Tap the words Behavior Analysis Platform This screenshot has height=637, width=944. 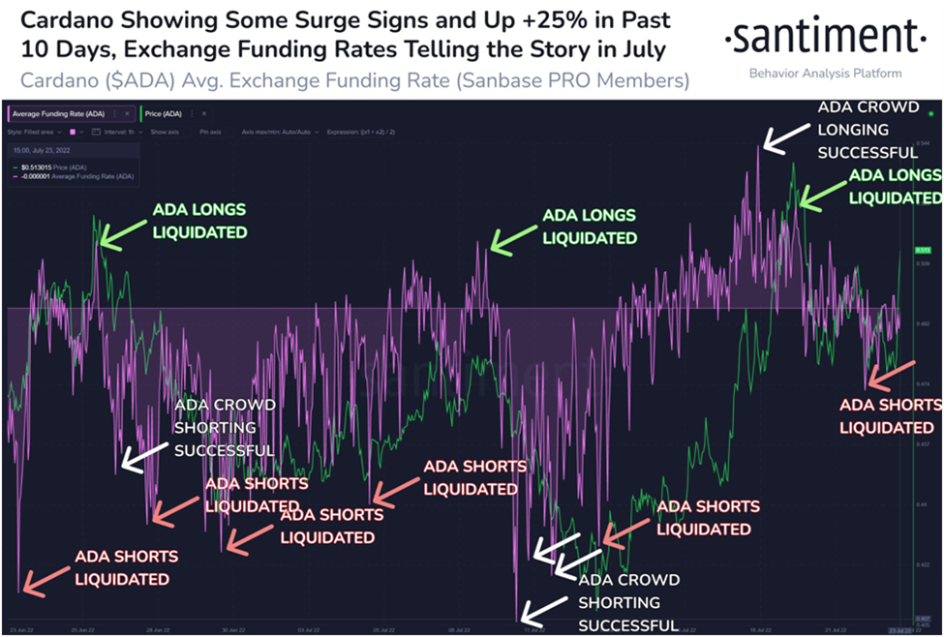click(x=825, y=74)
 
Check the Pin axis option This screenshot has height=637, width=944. click(x=210, y=132)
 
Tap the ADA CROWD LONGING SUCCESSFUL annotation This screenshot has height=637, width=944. click(x=868, y=130)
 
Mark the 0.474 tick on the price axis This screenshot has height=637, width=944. click(x=924, y=383)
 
